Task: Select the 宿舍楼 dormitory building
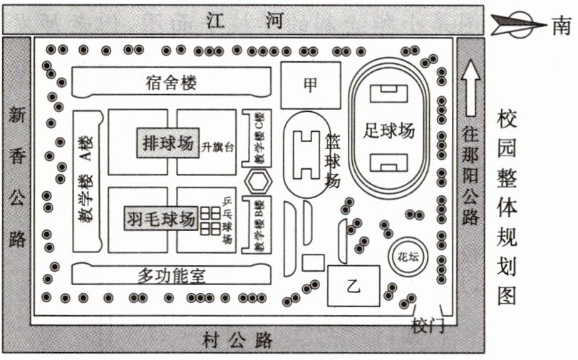(x=172, y=83)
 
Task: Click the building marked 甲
(x=310, y=86)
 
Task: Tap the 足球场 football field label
(x=388, y=130)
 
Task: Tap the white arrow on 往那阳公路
(x=469, y=88)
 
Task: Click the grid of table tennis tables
(x=210, y=220)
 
